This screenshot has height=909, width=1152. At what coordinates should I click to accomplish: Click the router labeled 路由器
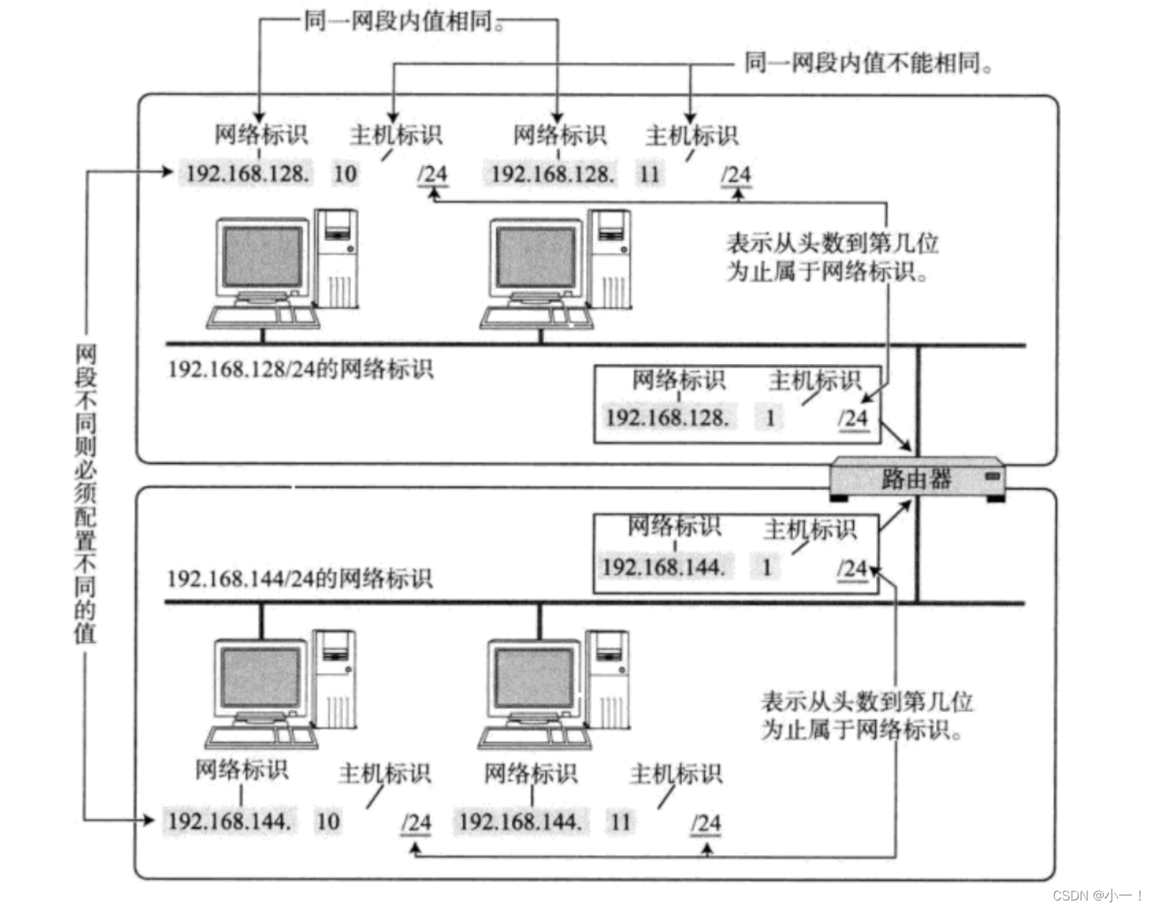pyautogui.click(x=916, y=478)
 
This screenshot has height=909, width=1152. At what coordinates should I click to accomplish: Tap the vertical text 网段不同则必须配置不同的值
pyautogui.click(x=86, y=493)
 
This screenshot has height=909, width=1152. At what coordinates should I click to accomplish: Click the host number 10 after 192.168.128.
pyautogui.click(x=345, y=173)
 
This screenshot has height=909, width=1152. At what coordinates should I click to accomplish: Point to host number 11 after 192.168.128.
pyautogui.click(x=649, y=173)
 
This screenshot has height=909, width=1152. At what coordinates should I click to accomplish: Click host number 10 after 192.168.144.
pyautogui.click(x=328, y=821)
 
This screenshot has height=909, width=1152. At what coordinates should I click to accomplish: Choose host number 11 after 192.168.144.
pyautogui.click(x=620, y=821)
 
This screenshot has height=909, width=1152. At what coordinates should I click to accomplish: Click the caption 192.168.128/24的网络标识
pyautogui.click(x=300, y=369)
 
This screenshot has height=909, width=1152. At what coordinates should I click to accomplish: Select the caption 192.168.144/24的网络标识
pyautogui.click(x=300, y=578)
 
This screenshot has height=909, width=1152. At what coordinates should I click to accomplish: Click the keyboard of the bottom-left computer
pyautogui.click(x=261, y=737)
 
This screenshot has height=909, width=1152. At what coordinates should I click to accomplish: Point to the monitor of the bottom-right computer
pyautogui.click(x=533, y=678)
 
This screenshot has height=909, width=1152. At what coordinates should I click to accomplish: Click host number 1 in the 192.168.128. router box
pyautogui.click(x=770, y=417)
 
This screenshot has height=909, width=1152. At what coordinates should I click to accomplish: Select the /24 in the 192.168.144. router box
pyautogui.click(x=852, y=569)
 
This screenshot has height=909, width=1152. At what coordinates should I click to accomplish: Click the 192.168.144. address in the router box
pyautogui.click(x=663, y=567)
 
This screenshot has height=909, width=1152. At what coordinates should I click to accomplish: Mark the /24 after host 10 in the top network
pyautogui.click(x=432, y=174)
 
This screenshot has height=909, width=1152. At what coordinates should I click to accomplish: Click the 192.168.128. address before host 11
pyautogui.click(x=552, y=173)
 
